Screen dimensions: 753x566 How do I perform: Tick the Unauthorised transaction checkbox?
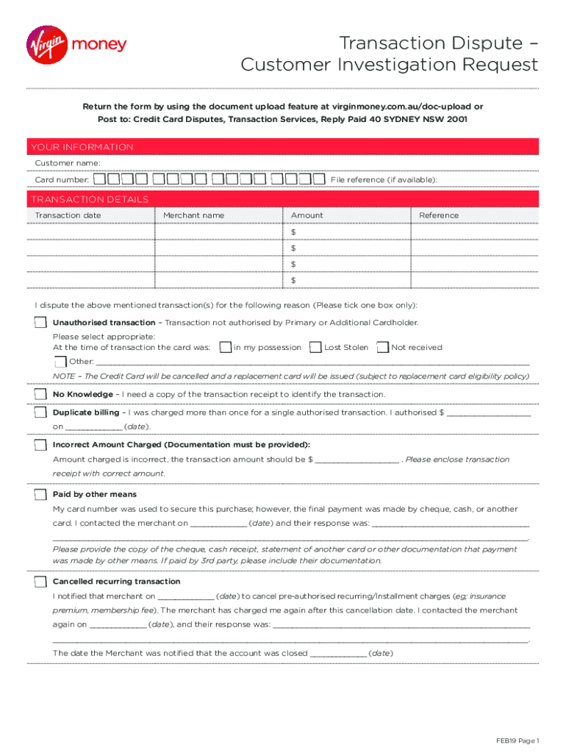click(x=40, y=323)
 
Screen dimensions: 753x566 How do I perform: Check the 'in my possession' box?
click(x=226, y=347)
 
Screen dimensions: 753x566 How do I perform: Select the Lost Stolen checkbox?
click(x=316, y=347)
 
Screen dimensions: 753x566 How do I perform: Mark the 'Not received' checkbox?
click(x=382, y=347)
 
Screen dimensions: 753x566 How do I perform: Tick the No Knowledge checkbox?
click(x=40, y=394)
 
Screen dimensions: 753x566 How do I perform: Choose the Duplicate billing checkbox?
click(x=40, y=413)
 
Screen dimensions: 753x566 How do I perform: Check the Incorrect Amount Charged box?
click(x=40, y=445)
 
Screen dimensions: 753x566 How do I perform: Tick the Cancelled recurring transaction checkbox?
click(x=40, y=582)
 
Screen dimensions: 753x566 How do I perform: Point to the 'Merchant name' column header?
click(x=193, y=215)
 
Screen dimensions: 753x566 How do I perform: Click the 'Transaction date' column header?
click(x=68, y=215)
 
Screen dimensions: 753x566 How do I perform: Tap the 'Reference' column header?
click(x=439, y=215)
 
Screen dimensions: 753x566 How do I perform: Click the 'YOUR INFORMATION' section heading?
click(x=81, y=147)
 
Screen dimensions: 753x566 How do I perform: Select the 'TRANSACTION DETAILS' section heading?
click(x=88, y=199)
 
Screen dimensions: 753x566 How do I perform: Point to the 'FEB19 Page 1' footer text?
click(x=517, y=740)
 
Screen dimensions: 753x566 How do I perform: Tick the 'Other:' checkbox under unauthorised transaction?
click(x=60, y=361)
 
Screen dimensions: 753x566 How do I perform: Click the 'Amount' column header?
click(x=307, y=215)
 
